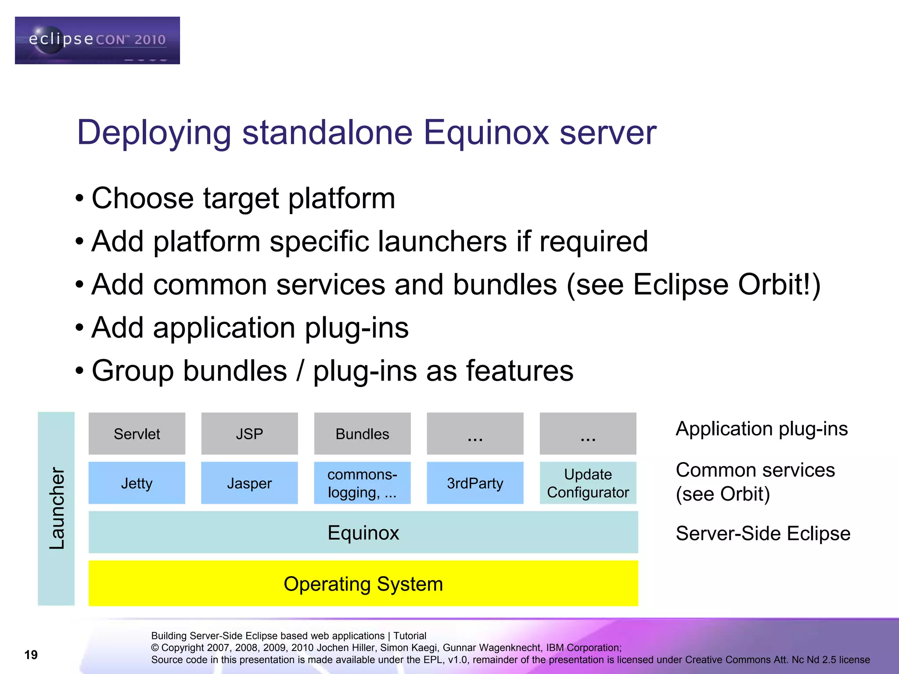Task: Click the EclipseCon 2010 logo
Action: tap(97, 40)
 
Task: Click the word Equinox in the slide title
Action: tap(486, 133)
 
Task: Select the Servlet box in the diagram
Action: tap(137, 434)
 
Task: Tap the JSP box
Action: tap(249, 434)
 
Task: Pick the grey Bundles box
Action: tap(362, 434)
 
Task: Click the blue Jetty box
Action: tap(137, 483)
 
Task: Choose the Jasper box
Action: tap(249, 483)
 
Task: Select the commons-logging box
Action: tap(362, 483)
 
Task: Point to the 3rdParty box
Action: tap(475, 483)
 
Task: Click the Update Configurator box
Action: tap(588, 483)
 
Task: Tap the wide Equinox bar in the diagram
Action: tap(363, 532)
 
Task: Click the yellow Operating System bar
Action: tap(363, 583)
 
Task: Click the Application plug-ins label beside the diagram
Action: tap(762, 429)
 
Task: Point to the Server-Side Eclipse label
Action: tap(763, 533)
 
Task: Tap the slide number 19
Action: tap(31, 655)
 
